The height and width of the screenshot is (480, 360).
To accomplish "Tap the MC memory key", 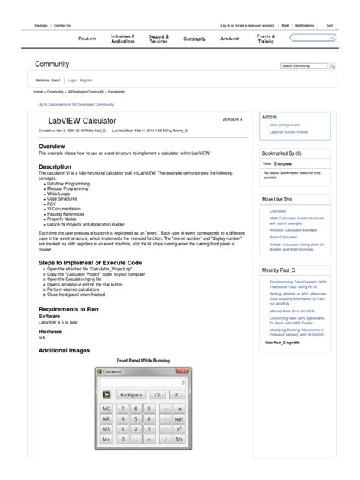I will (x=109, y=407).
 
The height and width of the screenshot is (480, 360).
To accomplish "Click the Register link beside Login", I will (x=87, y=79).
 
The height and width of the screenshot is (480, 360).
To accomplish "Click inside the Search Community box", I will (x=304, y=66).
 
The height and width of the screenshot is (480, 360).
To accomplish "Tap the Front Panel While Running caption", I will (x=144, y=359).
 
